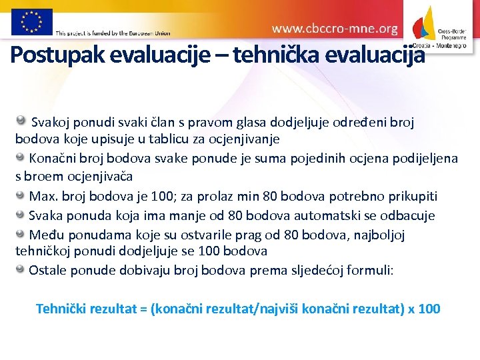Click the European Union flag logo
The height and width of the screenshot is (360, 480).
pyautogui.click(x=32, y=21)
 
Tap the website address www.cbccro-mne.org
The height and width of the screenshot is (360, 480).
pyautogui.click(x=335, y=29)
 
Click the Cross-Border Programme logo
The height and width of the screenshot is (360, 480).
pyautogui.click(x=439, y=27)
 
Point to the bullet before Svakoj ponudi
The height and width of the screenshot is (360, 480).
pyautogui.click(x=21, y=121)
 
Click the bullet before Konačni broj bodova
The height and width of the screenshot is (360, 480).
pyautogui.click(x=21, y=158)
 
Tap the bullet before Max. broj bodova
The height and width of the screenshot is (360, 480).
pyautogui.click(x=21, y=195)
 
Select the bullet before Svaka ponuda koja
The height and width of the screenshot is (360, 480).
pyautogui.click(x=21, y=215)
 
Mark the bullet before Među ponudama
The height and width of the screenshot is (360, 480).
pyautogui.click(x=21, y=234)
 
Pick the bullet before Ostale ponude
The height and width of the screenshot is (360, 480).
pyautogui.click(x=21, y=269)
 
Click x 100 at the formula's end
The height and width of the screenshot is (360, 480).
pyautogui.click(x=424, y=309)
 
